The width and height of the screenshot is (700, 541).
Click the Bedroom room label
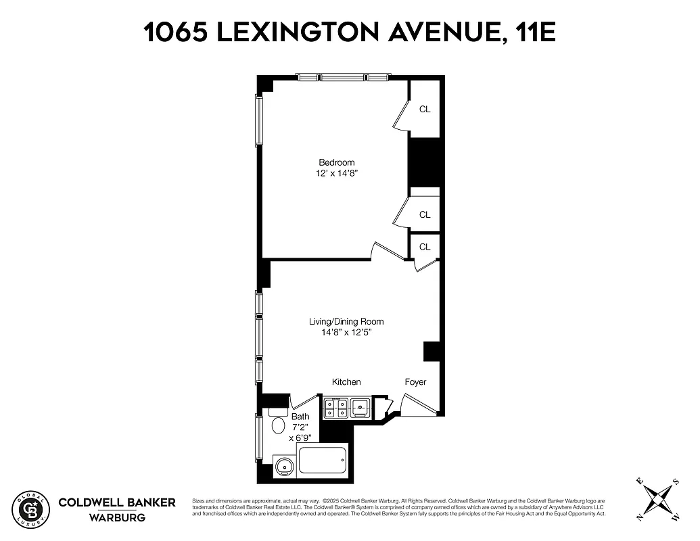point(336,162)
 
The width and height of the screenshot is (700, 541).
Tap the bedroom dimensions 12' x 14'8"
point(336,173)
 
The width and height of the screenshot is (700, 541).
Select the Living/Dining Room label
point(346,321)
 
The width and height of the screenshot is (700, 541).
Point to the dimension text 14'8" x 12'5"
point(346,332)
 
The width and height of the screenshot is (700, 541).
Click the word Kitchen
point(346,382)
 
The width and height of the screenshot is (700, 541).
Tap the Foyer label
point(415,382)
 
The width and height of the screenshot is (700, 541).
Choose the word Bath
point(300,417)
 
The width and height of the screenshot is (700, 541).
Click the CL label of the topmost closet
point(425,109)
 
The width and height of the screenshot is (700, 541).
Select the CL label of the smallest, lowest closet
point(425,247)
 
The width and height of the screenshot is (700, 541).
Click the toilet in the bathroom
point(278,424)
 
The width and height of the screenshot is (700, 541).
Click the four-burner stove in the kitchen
point(336,408)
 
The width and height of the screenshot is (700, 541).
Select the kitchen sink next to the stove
point(360,407)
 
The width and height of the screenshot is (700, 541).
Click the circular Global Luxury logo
point(31,509)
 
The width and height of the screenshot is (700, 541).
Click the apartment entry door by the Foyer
point(415,406)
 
